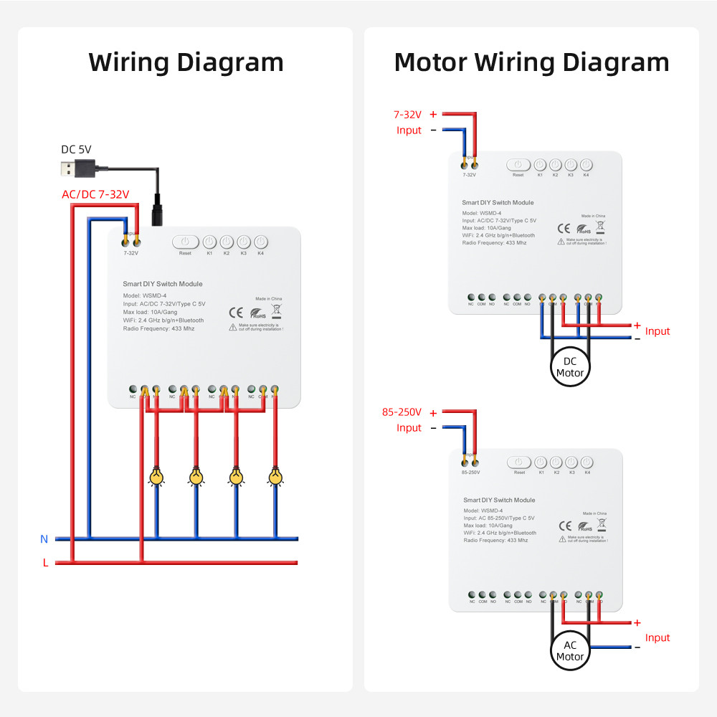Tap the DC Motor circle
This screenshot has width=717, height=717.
tap(570, 367)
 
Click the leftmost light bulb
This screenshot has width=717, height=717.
tap(156, 476)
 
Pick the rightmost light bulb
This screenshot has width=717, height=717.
tap(275, 476)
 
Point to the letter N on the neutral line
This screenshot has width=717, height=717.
tap(44, 538)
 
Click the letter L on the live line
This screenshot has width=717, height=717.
tap(45, 563)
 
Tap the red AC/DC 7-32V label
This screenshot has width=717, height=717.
tap(95, 194)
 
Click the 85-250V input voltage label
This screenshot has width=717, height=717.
tap(402, 412)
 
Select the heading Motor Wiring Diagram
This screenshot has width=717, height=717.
tap(531, 62)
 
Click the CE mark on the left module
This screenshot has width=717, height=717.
tap(235, 312)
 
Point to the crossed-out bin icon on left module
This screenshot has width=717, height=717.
tap(276, 310)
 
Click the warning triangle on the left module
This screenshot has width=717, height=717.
tap(232, 327)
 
